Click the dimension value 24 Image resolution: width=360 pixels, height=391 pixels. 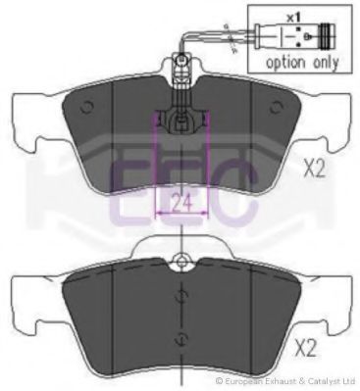[x=181, y=203]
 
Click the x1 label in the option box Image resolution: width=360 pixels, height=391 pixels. [x=293, y=18]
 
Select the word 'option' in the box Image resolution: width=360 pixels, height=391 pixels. [x=285, y=62]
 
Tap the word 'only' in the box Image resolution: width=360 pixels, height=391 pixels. [x=326, y=62]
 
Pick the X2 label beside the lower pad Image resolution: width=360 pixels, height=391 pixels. [x=305, y=348]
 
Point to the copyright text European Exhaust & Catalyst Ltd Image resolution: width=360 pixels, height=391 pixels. [x=285, y=381]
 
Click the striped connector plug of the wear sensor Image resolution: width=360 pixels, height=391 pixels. [x=328, y=36]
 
